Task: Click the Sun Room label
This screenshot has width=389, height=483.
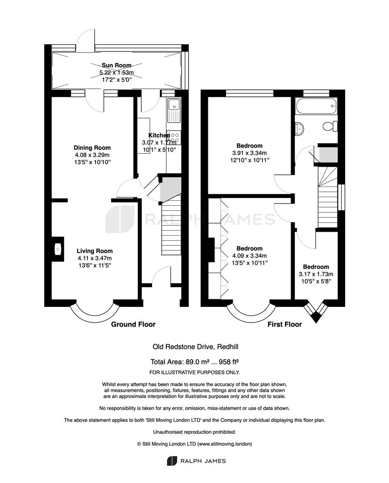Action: tap(116, 65)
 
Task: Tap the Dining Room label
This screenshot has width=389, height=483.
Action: tap(92, 148)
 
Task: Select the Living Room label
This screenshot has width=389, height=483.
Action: tap(94, 251)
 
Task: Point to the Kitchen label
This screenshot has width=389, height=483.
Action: tap(159, 135)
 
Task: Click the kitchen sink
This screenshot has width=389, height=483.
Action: tap(174, 110)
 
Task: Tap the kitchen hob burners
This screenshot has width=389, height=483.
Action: tap(175, 138)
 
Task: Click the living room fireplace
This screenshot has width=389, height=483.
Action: tap(58, 249)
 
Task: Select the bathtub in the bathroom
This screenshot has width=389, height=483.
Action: tap(316, 106)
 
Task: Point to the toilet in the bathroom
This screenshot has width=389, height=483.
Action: tap(330, 126)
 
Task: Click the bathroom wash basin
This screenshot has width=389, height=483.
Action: tap(300, 128)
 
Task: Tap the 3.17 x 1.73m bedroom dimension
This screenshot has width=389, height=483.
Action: tap(316, 274)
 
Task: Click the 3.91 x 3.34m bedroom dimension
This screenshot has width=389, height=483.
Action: tap(249, 153)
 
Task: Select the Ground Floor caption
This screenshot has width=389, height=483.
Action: tap(133, 324)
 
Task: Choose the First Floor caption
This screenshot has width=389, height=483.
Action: tap(284, 324)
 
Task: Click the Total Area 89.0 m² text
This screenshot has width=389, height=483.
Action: tap(194, 362)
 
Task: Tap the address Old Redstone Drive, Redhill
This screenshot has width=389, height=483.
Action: tap(195, 347)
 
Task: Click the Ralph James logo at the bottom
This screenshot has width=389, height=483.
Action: tap(196, 461)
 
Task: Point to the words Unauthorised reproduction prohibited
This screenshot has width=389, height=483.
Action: tap(194, 432)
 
